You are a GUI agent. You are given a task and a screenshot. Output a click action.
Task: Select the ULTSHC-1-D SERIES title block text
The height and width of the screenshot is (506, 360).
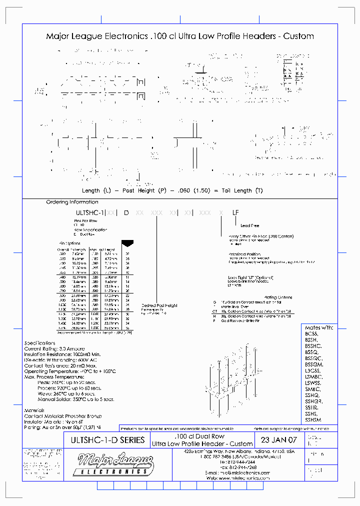pos(104,440)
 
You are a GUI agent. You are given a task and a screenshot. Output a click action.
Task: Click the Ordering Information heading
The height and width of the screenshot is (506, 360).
pos(72,202)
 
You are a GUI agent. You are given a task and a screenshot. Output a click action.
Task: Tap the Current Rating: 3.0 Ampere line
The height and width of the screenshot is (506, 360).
pos(54,348)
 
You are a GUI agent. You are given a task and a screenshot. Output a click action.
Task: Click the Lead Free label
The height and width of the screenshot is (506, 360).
pos(250,225)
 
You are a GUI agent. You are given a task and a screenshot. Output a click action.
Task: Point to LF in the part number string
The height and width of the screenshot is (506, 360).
pos(235,212)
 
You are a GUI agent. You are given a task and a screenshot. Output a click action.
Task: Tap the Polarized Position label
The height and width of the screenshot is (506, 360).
pos(243,253)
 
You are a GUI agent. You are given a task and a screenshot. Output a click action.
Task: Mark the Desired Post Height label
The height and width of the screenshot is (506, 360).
pos(159,305)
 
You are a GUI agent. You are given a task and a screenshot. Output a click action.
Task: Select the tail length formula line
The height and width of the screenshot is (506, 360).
pos(172,190)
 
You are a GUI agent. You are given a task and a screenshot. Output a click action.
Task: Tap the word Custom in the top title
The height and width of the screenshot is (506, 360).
pos(298,36)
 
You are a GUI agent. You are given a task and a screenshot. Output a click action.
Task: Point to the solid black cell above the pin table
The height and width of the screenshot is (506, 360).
pos(127,243)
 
